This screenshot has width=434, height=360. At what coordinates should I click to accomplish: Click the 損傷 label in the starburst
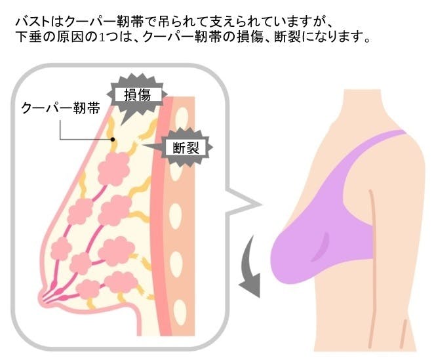137,95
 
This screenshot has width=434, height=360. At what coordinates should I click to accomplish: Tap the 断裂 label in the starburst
186,148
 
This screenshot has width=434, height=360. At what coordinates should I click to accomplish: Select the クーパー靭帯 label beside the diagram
60,108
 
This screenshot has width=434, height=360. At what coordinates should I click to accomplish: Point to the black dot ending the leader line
113,139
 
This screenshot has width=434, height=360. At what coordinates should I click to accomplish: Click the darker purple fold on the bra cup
321,247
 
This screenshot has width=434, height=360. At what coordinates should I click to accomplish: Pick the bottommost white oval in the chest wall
180,309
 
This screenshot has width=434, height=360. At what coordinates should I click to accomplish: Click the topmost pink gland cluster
114,169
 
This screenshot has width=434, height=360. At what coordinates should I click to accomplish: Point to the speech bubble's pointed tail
260,205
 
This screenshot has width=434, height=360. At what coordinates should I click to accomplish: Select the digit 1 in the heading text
102,37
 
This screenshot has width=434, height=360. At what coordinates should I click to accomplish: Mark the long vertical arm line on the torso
374,269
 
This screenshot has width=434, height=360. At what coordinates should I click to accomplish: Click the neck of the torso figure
363,105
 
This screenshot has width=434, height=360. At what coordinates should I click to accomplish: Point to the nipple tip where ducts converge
44,299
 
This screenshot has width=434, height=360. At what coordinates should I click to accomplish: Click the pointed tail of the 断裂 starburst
143,145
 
